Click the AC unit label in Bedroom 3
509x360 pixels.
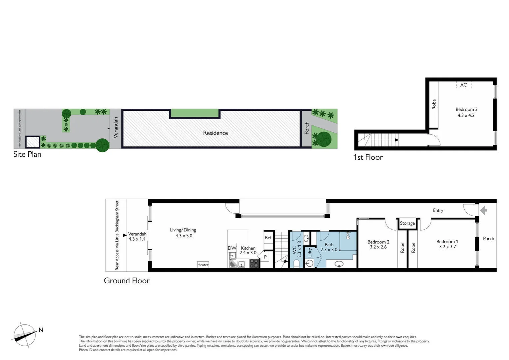[x=463, y=85]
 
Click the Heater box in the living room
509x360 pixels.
[x=203, y=265]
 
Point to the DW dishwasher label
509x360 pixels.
[x=232, y=248]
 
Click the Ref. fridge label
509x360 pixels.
[x=268, y=238]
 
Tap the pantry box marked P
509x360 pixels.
[x=265, y=257]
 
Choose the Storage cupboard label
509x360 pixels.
[x=407, y=223]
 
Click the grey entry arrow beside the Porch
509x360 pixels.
[x=484, y=210]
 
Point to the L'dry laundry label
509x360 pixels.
[x=310, y=252]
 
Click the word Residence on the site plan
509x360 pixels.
[x=216, y=133]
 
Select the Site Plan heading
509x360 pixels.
[x=27, y=154]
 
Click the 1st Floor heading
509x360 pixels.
[x=368, y=157]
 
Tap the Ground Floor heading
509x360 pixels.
[x=127, y=281]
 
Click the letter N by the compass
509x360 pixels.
[x=41, y=330]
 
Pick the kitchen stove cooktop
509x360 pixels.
[x=254, y=263]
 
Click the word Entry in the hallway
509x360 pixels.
[x=438, y=210]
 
